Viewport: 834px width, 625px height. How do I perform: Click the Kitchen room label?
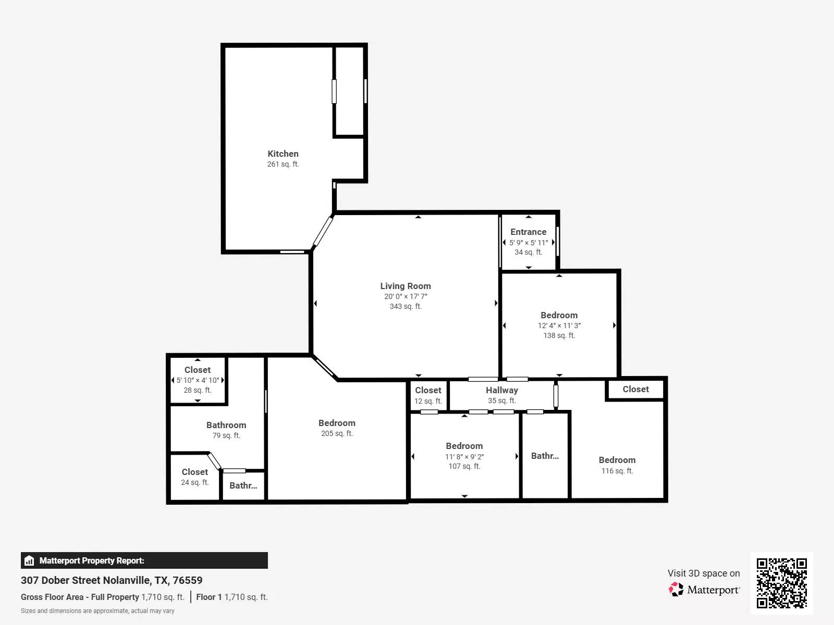coord(283,154)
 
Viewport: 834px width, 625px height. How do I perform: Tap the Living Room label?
coord(406,286)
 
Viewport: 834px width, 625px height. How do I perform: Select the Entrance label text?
coord(528,232)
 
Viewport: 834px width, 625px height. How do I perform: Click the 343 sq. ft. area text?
coord(406,306)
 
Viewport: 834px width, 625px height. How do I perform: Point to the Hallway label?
coord(501,390)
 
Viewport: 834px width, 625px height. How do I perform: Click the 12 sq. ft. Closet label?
coord(428,390)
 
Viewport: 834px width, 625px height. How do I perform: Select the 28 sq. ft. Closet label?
coord(197,370)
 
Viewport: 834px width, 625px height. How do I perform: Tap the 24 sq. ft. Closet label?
coord(194,472)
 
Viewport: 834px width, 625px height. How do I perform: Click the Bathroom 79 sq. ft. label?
coord(226,425)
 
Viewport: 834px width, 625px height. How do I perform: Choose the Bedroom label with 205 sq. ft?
coord(337,423)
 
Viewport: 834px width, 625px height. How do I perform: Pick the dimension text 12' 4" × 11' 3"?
coord(559,326)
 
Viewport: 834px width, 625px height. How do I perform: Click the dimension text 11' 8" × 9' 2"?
coord(464,457)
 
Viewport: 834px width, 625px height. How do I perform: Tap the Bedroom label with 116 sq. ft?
coord(617,460)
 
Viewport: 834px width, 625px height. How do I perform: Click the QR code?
coord(781,583)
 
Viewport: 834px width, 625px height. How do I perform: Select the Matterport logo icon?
coord(676,590)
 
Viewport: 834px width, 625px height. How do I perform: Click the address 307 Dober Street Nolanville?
coord(112,580)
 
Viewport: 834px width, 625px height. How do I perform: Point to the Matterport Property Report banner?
coord(144,560)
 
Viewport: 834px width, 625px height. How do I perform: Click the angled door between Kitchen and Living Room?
coord(323,232)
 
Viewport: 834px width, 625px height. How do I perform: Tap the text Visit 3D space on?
coord(703,573)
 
